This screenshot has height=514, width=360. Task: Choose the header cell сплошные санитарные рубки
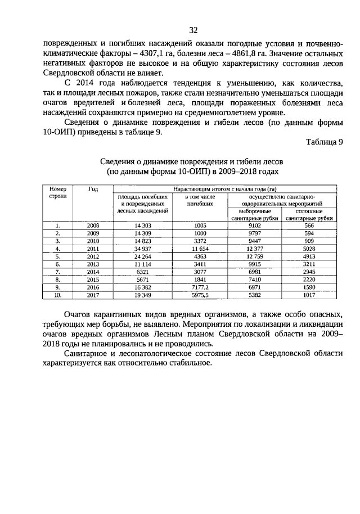309,214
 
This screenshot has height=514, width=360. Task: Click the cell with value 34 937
142,248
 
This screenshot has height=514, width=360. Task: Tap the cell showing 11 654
200,248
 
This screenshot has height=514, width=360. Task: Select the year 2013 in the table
93,263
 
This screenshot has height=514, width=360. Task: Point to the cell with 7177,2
200,286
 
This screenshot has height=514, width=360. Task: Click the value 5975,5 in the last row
200,294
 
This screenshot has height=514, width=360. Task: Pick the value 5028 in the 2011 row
309,248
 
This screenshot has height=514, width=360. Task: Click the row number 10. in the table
58,294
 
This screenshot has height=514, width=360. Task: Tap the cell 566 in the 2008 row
309,225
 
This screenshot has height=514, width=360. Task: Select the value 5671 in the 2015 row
142,278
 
